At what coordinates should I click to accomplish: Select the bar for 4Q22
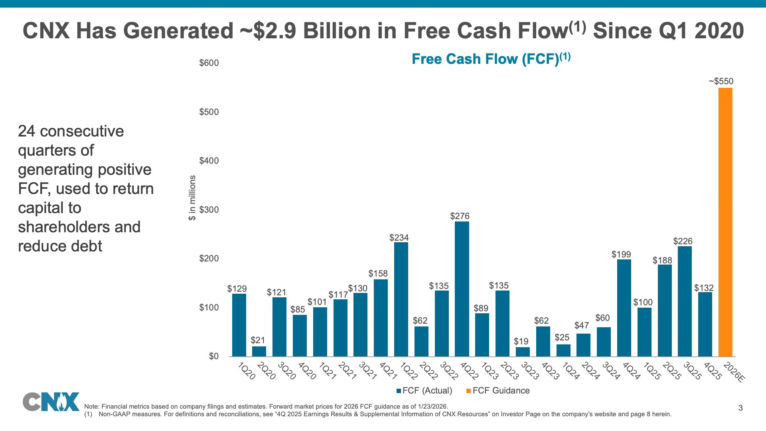pos(462,289)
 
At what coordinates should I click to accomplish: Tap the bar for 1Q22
pos(401,299)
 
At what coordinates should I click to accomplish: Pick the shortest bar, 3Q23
pos(523,352)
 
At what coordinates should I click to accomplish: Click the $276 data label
pos(460,216)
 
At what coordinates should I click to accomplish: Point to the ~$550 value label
pos(721,81)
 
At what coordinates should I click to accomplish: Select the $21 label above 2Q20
pos(258,340)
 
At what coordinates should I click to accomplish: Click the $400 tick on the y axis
pos(209,161)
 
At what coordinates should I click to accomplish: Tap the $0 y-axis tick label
pos(214,356)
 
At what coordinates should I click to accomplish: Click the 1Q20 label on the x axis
pos(246,371)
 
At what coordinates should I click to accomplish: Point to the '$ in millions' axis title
pos(193,198)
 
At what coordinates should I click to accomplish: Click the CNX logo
pos(51,401)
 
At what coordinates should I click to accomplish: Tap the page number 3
pos(740,408)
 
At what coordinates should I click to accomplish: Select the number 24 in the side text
pos(27,131)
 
